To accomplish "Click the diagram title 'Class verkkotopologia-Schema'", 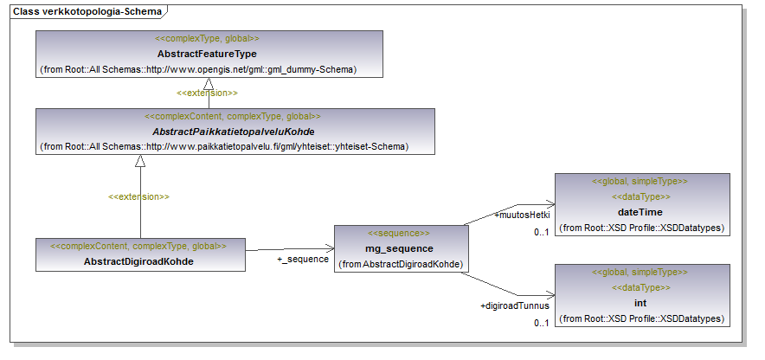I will (x=87, y=10).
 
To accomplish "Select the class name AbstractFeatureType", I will (x=207, y=54).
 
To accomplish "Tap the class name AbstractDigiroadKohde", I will (x=138, y=260).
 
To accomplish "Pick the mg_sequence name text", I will (x=399, y=248).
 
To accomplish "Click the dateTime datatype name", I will (x=640, y=212).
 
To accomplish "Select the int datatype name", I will (x=640, y=303).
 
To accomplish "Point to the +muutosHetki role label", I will (x=522, y=215).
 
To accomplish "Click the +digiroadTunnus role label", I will (x=515, y=305).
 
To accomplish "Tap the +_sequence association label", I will (x=302, y=259).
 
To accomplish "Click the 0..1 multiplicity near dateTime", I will (x=542, y=232).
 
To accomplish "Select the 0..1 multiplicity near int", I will (x=542, y=323).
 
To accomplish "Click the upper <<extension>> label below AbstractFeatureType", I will (x=207, y=93).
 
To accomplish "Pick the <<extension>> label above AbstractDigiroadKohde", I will (x=138, y=197).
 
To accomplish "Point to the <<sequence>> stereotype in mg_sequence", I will (x=399, y=234).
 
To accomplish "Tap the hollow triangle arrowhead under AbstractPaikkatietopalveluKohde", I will (x=138, y=161).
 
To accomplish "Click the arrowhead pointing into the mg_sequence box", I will (x=331, y=249).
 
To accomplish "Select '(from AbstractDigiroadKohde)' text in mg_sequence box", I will (x=399, y=263).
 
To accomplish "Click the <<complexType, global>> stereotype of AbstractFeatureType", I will (x=207, y=39).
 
